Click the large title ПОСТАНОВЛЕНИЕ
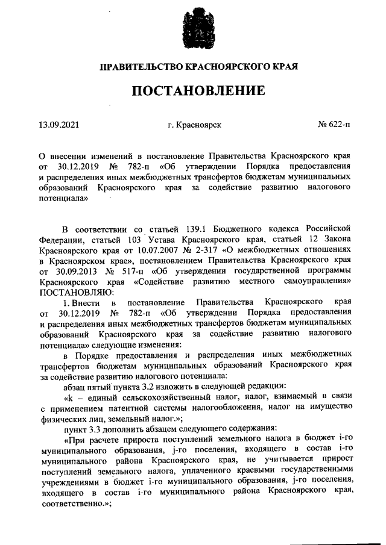coord(198,91)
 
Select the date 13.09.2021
coord(59,125)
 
